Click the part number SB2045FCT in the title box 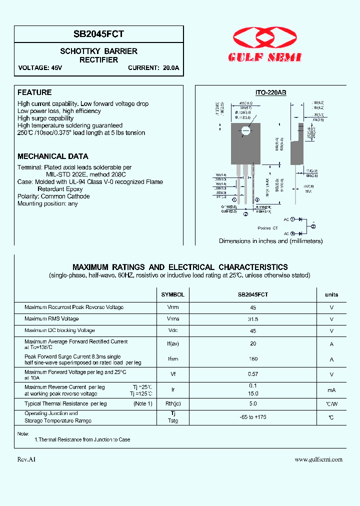[x=99, y=34]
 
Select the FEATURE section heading [x=34, y=92]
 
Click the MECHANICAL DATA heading [x=53, y=156]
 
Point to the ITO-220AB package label [x=270, y=92]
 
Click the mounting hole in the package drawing [x=245, y=132]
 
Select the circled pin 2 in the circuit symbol [x=313, y=226]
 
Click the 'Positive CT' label [x=267, y=228]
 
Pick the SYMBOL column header [x=172, y=294]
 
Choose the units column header [x=331, y=294]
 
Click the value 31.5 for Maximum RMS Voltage [x=253, y=319]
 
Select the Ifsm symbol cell [x=172, y=359]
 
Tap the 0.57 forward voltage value [x=253, y=374]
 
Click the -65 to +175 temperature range [x=253, y=417]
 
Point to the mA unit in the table [x=331, y=390]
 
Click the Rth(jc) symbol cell [x=172, y=403]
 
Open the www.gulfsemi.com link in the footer [x=318, y=459]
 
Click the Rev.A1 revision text [x=26, y=459]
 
